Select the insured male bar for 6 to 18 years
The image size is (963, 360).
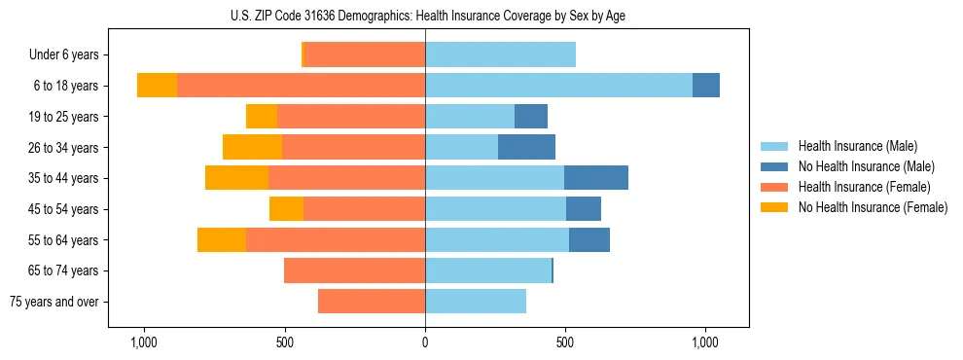pyautogui.click(x=558, y=86)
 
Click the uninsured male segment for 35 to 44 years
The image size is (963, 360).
pyautogui.click(x=595, y=178)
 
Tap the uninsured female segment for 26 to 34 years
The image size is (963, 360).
pyautogui.click(x=252, y=147)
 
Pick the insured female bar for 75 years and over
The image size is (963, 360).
pyautogui.click(x=372, y=302)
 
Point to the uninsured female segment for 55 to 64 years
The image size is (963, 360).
pyautogui.click(x=222, y=240)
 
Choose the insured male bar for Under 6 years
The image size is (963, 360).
pyautogui.click(x=500, y=54)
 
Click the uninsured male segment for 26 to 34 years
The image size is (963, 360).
pyautogui.click(x=526, y=147)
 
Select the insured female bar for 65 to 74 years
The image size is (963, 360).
pyautogui.click(x=354, y=270)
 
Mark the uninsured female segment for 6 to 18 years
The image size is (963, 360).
pyautogui.click(x=157, y=86)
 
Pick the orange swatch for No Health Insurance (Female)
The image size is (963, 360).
pyautogui.click(x=774, y=207)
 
